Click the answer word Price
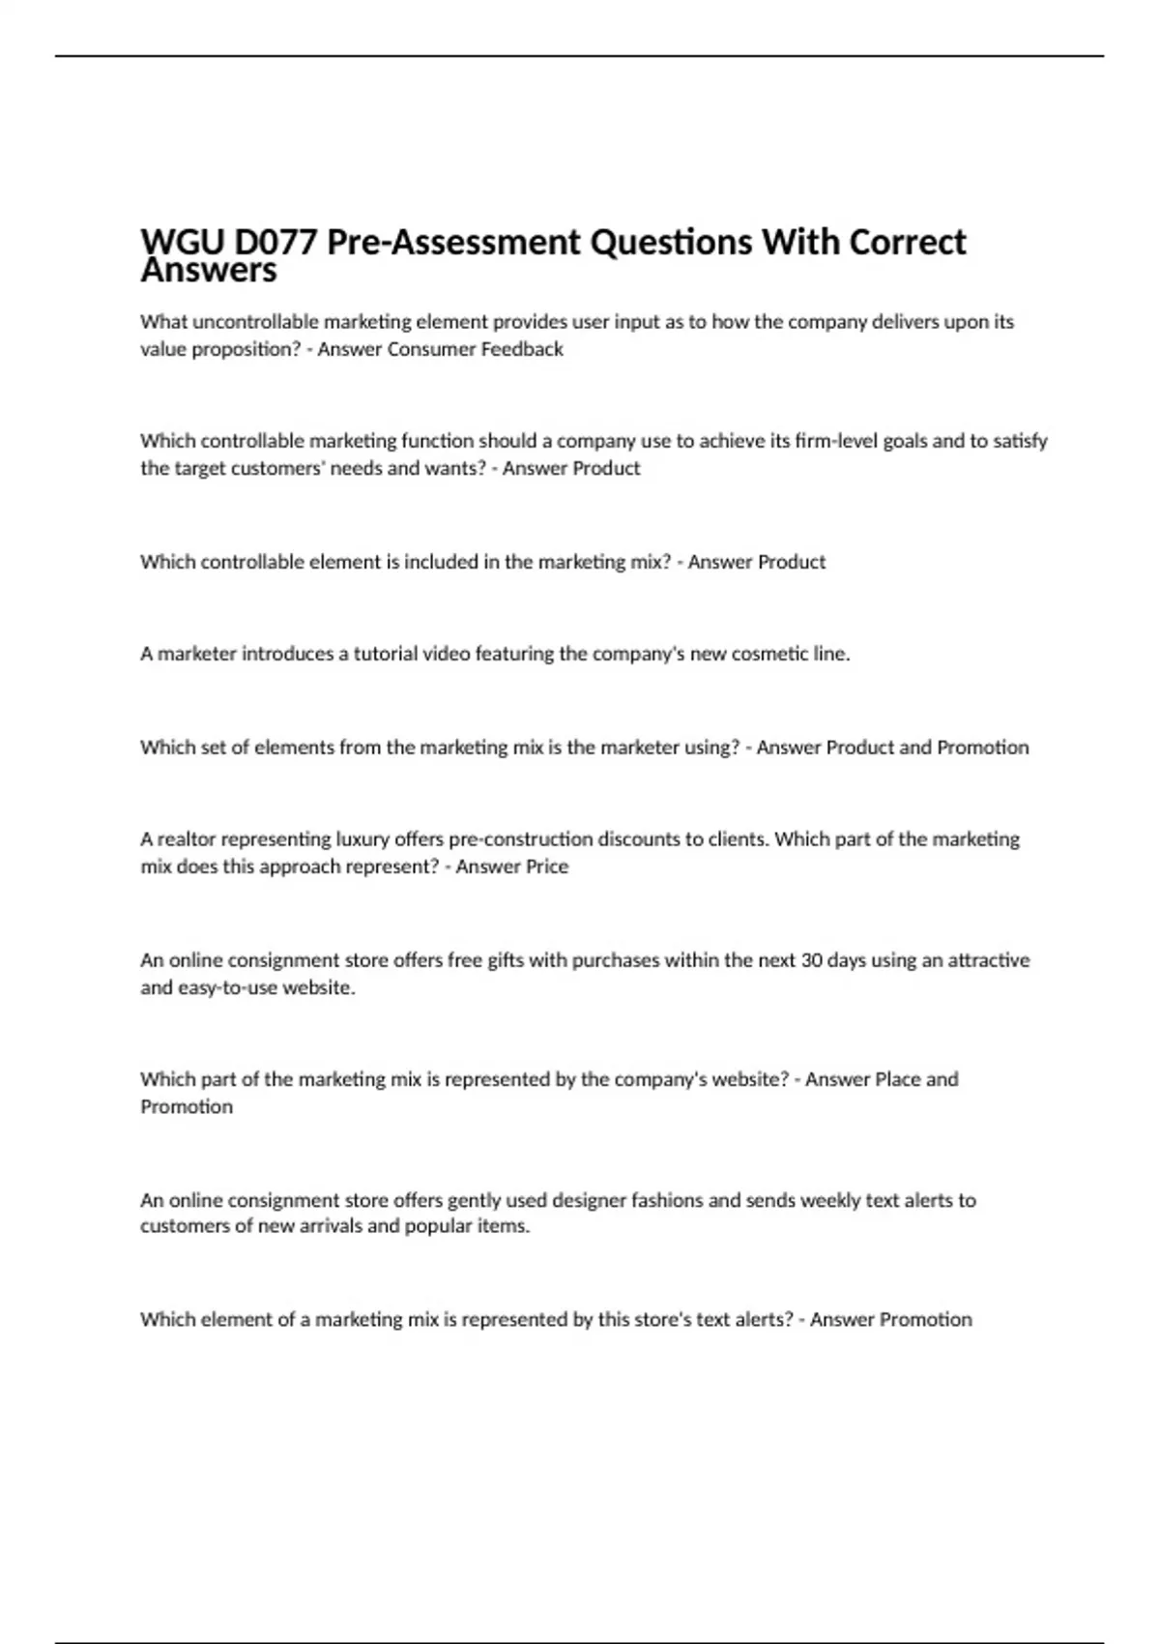[545, 866]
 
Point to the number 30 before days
[811, 960]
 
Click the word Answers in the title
[209, 271]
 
